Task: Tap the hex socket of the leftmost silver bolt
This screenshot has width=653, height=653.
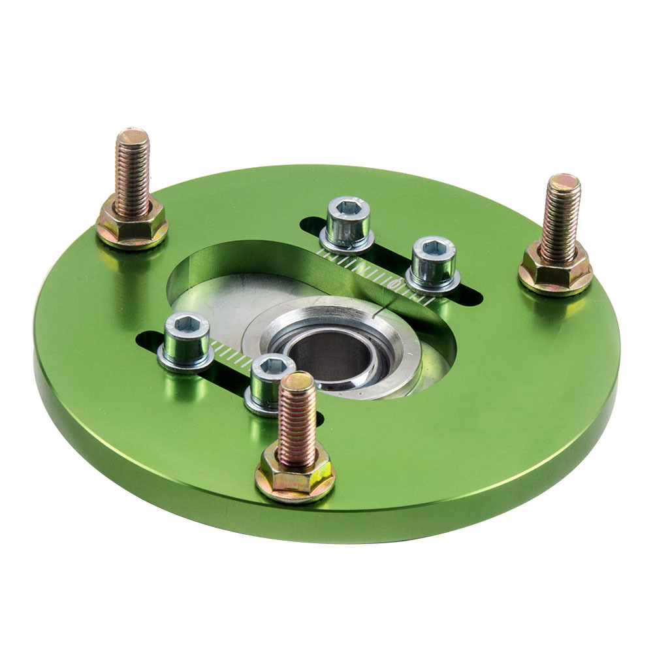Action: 186,325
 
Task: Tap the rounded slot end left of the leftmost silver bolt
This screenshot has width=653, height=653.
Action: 147,340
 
